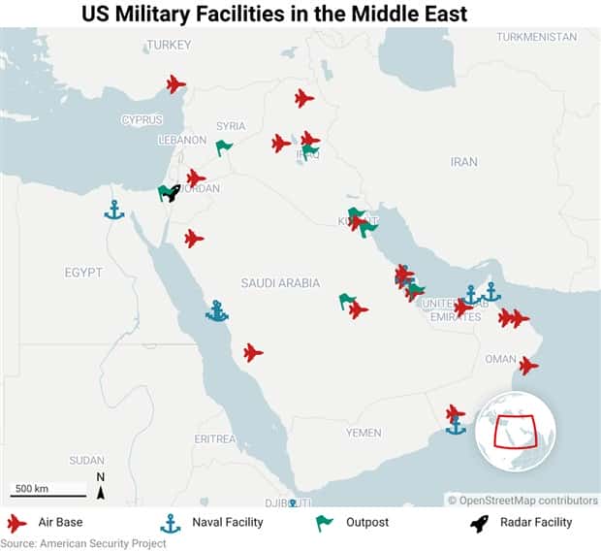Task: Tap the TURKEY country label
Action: click(169, 45)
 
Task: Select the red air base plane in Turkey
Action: click(175, 84)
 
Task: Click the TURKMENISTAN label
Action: click(536, 36)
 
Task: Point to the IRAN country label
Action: click(464, 162)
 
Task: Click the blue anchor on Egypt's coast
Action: click(114, 210)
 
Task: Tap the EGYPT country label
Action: click(83, 273)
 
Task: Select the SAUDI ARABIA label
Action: click(280, 283)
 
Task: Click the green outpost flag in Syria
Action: click(224, 147)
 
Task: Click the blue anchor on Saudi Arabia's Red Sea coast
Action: click(217, 310)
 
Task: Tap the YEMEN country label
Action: click(364, 432)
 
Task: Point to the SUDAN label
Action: click(86, 460)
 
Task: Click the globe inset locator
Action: click(515, 432)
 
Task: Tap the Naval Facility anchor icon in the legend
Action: click(171, 524)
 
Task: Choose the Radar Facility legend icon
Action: click(479, 524)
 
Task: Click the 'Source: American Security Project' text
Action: click(83, 543)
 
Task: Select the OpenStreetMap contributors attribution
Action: click(522, 501)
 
